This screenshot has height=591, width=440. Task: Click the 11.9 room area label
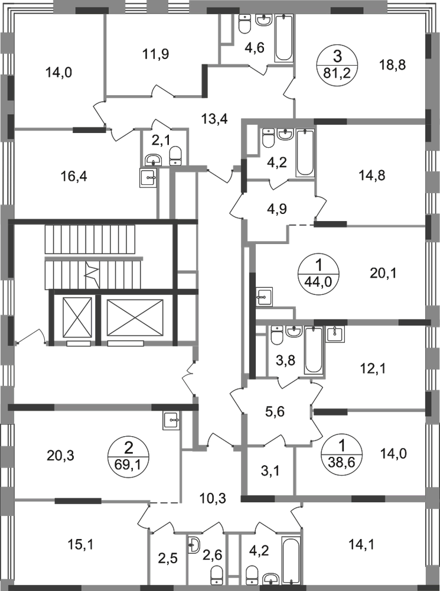coord(156,55)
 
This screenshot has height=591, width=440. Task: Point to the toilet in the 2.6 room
coord(216,574)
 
